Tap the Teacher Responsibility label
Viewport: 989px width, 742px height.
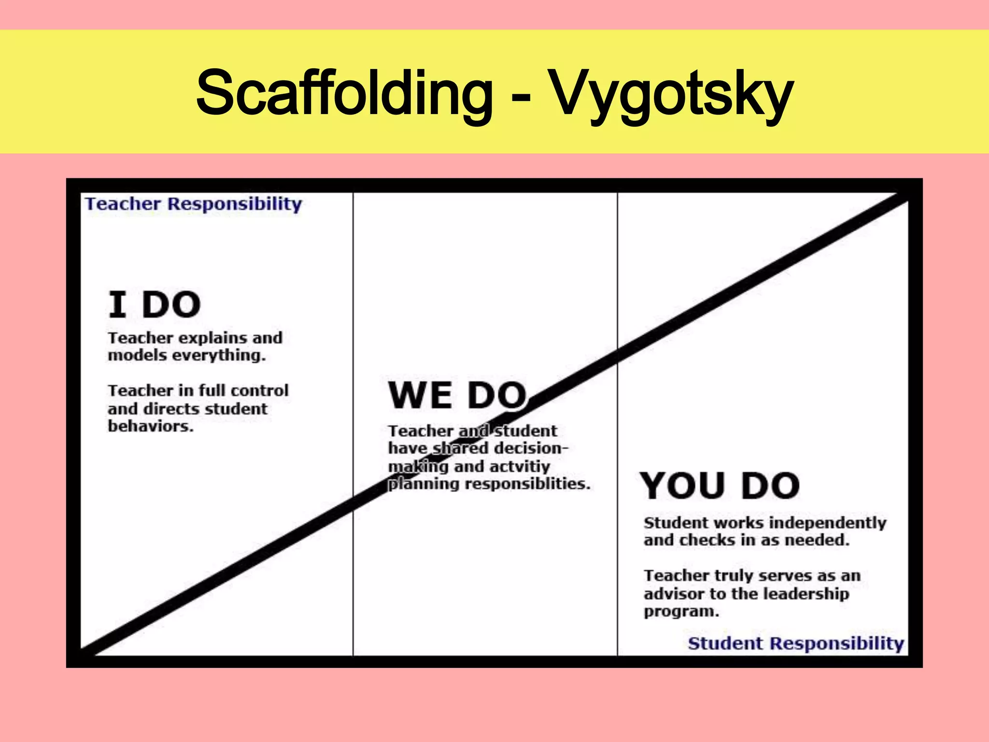pos(193,204)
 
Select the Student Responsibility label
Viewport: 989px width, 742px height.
pos(796,643)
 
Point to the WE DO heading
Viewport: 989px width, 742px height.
pos(457,395)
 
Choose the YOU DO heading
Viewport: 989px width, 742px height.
pos(720,485)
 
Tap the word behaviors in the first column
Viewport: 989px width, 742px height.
pos(151,426)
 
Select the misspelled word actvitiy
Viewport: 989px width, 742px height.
pos(520,467)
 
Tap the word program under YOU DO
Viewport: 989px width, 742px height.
pos(681,612)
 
